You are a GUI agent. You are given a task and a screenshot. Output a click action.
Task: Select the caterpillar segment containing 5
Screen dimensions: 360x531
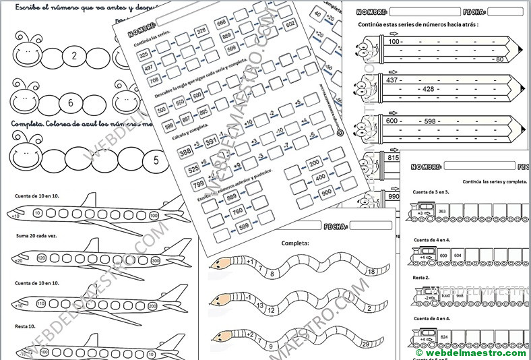(x=156, y=160)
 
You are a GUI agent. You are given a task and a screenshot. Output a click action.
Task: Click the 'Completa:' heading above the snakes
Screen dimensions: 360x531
(x=295, y=243)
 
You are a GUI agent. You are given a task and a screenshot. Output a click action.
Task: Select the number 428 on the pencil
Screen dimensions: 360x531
(x=427, y=89)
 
